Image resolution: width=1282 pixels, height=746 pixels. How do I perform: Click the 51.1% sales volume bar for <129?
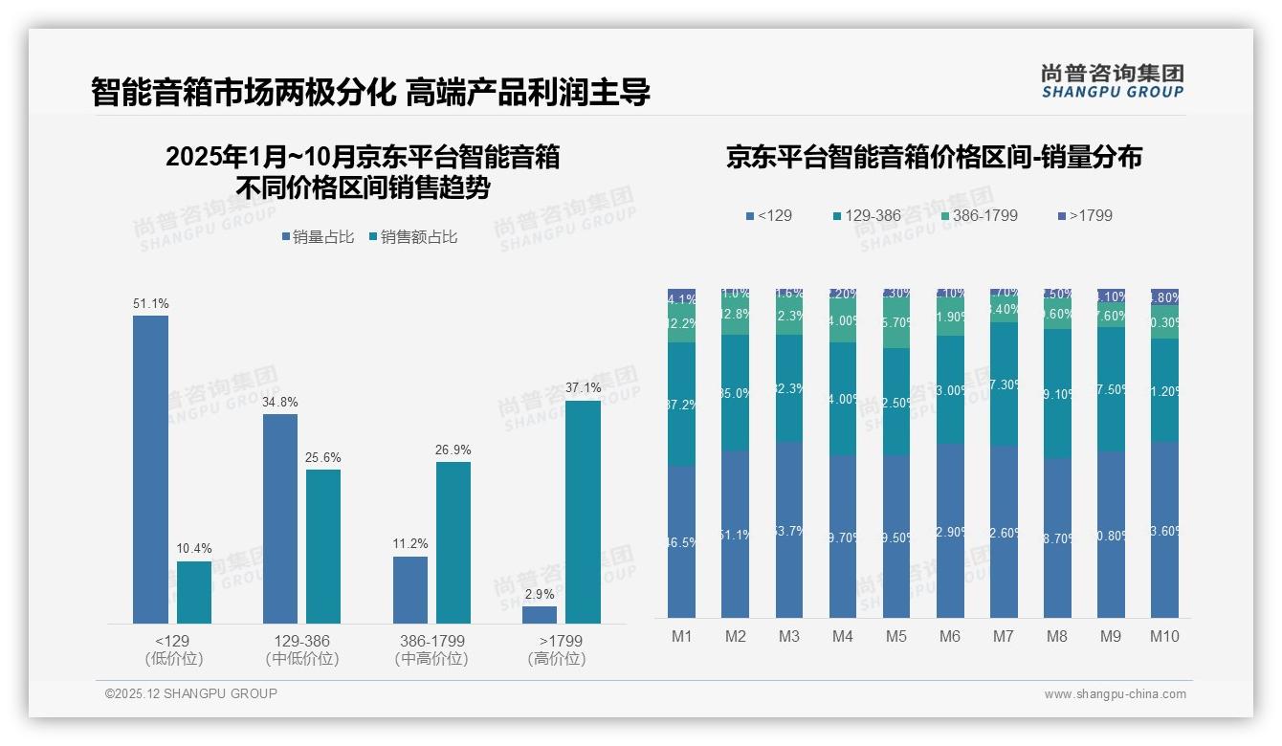150,469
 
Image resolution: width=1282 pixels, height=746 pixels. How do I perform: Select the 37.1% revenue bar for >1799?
583,512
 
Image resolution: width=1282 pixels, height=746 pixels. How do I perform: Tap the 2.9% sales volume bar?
540,615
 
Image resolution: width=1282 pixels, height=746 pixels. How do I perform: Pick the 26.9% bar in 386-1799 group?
453,542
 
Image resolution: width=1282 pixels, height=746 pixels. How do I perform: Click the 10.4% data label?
193,549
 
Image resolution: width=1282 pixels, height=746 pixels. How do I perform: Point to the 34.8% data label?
280,402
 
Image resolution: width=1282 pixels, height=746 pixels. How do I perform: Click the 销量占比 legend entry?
320,237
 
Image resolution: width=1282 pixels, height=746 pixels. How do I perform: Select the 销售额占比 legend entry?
412,237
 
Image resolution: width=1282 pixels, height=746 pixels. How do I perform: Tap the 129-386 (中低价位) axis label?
302,649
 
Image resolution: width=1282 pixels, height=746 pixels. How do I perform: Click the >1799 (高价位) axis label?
559,649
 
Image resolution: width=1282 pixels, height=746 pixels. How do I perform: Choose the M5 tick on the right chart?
895,637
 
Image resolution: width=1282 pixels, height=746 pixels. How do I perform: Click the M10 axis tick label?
1164,637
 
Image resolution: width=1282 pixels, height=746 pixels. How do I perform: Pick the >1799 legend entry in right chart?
1085,216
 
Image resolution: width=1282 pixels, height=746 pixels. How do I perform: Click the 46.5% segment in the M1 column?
682,541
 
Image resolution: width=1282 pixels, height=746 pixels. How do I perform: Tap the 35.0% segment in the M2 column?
736,393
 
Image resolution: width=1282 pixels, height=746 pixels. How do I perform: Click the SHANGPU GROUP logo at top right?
1112,80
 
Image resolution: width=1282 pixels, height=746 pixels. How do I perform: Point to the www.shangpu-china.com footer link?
1115,694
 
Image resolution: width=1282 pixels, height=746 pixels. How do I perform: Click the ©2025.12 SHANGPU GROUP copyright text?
191,693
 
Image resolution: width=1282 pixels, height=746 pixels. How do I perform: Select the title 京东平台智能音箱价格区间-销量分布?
934,158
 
